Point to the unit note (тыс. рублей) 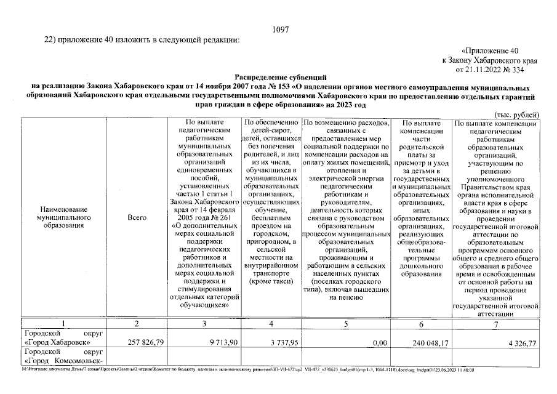point(517,115)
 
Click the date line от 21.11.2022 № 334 point(504,70)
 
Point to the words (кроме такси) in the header point(271,281)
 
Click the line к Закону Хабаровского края point(489,60)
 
